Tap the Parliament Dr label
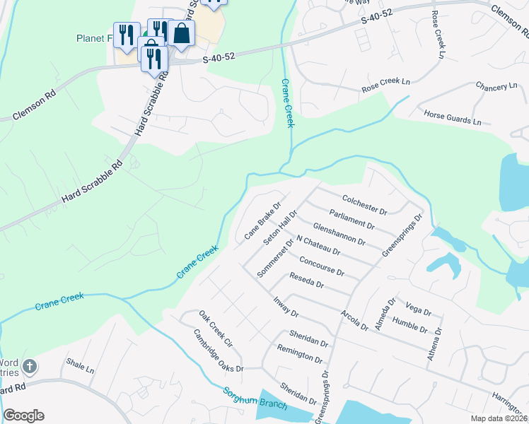tap(351, 218)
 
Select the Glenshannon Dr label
tap(339, 235)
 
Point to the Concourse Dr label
tap(322, 266)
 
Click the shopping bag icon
tap(182, 33)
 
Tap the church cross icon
tap(29, 367)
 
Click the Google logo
tap(23, 416)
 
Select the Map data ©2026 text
tap(499, 418)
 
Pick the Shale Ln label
tap(80, 367)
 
